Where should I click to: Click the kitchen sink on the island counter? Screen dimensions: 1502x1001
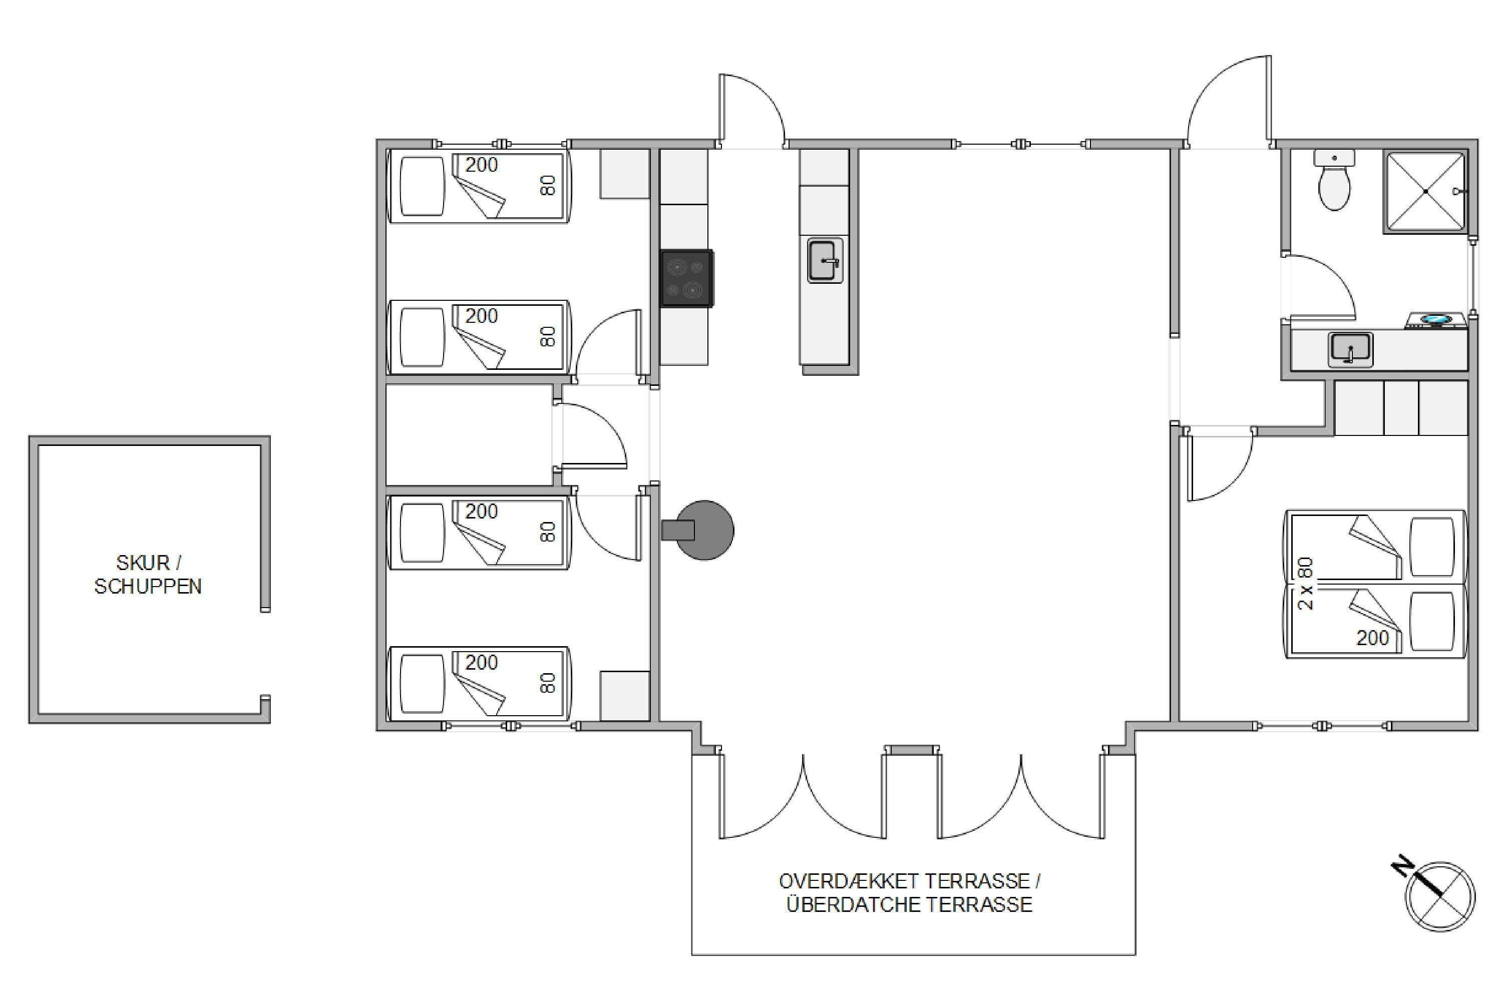[825, 260]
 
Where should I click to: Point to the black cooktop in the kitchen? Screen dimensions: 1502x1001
[686, 278]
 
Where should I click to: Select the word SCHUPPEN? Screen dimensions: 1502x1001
[148, 587]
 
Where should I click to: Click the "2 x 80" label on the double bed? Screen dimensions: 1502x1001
[1306, 584]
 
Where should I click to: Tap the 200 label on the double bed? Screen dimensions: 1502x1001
[1372, 638]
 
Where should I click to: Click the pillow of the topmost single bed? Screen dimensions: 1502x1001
[422, 186]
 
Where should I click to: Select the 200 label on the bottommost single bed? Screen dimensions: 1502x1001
[481, 663]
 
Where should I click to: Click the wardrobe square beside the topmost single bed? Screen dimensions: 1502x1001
[624, 174]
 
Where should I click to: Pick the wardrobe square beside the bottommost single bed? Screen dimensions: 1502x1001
[624, 696]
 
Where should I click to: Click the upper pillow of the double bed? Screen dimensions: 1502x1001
[1432, 547]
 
